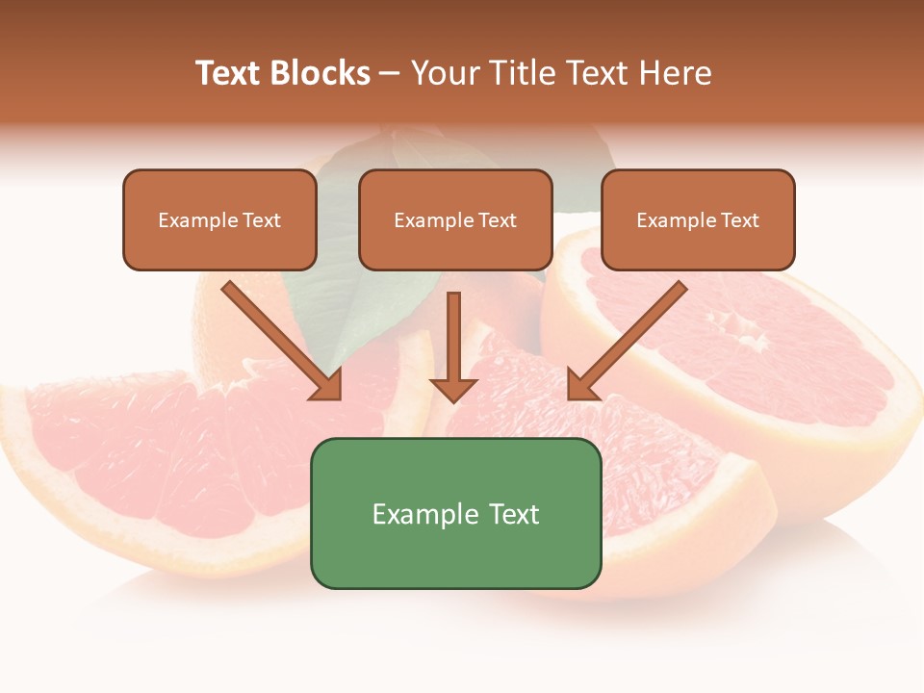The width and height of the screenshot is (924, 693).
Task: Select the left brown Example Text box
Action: tap(219, 219)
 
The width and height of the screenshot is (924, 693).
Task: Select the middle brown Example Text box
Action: tap(455, 219)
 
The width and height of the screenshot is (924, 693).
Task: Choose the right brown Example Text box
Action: tap(698, 219)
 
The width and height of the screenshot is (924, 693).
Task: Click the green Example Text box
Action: tap(455, 513)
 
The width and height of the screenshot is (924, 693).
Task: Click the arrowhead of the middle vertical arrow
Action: tap(453, 390)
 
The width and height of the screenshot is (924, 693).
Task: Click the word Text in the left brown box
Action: tap(261, 220)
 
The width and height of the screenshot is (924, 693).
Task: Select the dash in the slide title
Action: tap(390, 74)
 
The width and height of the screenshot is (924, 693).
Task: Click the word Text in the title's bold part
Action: tap(229, 73)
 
